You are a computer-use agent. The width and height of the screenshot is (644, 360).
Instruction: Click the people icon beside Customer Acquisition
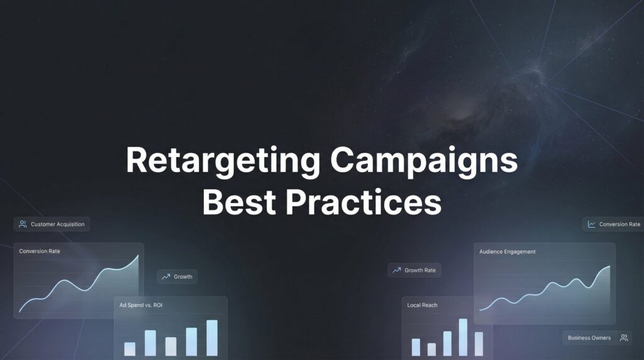coord(23,224)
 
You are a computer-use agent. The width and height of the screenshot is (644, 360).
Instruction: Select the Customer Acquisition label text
coord(57,224)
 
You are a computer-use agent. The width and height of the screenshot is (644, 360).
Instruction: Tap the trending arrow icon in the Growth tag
coord(166,276)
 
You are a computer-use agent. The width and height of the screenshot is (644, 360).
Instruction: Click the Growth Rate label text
coord(420,270)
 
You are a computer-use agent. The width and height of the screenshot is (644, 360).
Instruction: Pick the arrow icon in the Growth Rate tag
coord(396,270)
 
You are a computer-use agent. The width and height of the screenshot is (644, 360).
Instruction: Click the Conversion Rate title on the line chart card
coord(40,251)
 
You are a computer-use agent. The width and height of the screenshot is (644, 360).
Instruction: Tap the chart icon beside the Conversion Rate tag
coord(591,224)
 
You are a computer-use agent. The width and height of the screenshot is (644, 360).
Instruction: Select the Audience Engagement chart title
coord(508,252)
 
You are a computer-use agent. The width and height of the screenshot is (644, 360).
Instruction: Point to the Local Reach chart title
coord(422,305)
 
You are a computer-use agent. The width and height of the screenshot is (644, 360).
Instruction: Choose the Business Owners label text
coord(589,338)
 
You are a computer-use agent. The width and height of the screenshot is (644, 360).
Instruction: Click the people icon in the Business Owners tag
coord(623,338)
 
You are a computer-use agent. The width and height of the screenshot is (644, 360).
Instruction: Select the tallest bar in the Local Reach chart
coord(463,337)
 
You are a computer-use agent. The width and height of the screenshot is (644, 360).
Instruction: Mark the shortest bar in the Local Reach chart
coord(431,349)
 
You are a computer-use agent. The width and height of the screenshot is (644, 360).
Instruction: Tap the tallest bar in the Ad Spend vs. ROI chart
coord(212,338)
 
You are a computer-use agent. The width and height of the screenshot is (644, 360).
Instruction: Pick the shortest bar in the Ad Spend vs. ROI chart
coord(130,349)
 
